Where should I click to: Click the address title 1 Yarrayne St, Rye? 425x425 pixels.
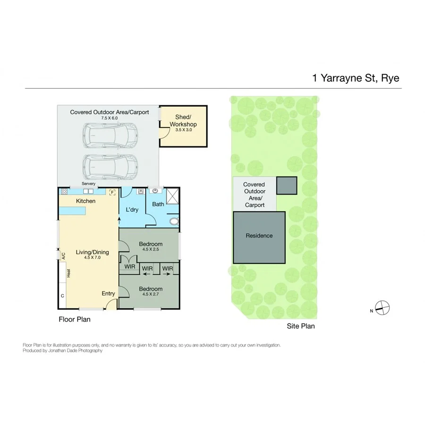click(x=356, y=78)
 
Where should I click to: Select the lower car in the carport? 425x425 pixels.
click(x=110, y=165)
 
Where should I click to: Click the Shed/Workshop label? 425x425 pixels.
click(x=183, y=121)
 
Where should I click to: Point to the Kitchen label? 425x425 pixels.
click(x=85, y=201)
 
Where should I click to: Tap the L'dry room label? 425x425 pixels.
click(x=132, y=209)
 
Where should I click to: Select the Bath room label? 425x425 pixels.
click(x=158, y=204)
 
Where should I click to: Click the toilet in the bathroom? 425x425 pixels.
click(x=173, y=221)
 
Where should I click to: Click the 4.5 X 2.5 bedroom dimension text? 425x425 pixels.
click(x=151, y=250)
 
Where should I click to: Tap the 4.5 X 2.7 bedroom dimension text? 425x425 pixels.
click(x=151, y=295)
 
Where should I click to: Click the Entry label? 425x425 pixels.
click(x=108, y=294)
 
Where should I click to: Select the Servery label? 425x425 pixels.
click(x=88, y=184)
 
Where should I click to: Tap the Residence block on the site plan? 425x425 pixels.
click(x=259, y=236)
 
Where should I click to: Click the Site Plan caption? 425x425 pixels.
click(x=301, y=326)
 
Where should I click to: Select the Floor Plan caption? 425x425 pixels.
click(x=74, y=319)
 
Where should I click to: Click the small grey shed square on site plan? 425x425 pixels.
click(x=286, y=185)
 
